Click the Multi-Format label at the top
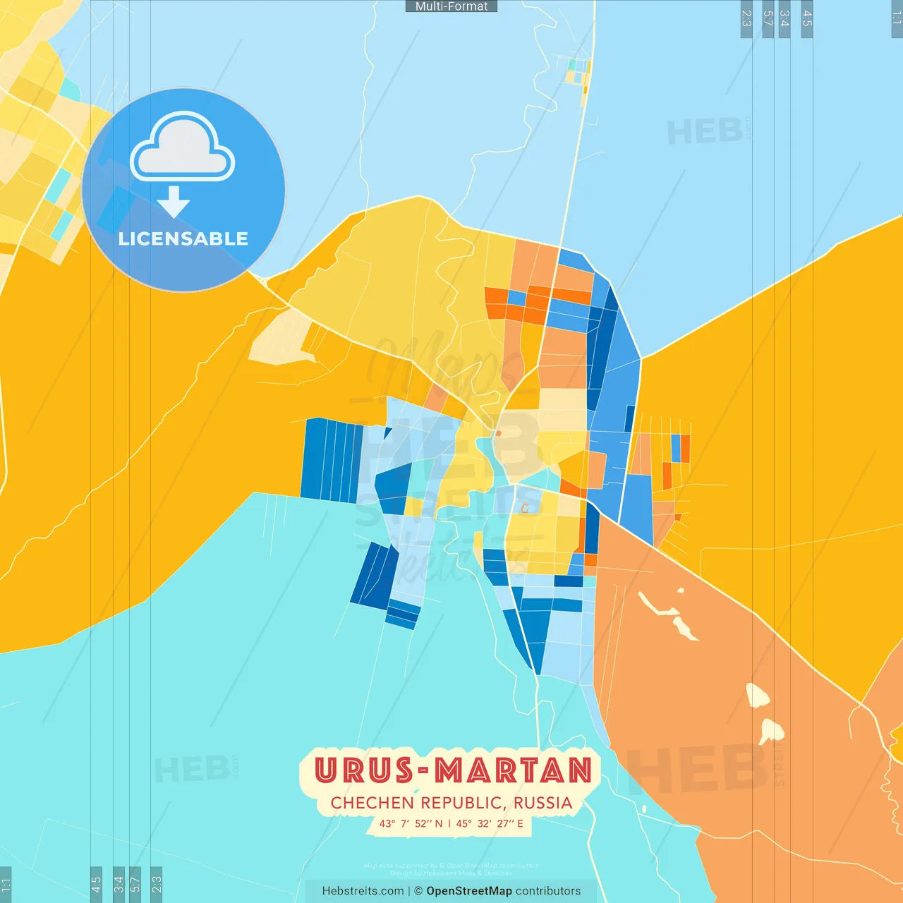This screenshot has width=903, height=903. point(451,6)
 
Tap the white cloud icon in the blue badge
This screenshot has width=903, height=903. point(183,147)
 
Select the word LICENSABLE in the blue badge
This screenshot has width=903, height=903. point(183,238)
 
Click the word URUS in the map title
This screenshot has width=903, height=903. point(363,770)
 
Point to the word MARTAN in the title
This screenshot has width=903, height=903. point(514,770)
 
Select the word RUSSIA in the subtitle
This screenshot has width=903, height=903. point(543,804)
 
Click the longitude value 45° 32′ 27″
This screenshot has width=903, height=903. point(485,823)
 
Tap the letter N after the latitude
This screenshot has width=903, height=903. point(439,823)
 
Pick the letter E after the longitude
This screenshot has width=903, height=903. point(520,823)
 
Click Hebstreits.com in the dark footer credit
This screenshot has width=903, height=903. point(363,891)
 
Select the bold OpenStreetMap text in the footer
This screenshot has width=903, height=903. point(469,891)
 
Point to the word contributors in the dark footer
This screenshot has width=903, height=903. point(548,891)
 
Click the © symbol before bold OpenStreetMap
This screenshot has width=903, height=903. point(418,891)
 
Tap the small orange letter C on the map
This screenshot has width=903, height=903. point(524,508)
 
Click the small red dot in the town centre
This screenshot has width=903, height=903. point(498,433)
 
